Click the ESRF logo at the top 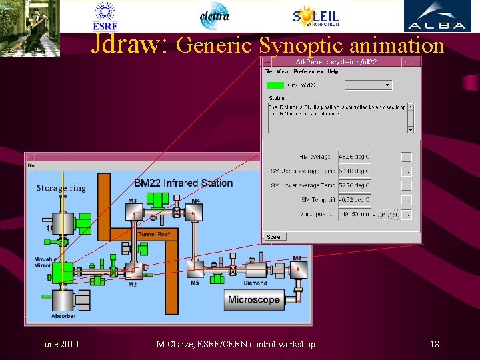tap(105, 16)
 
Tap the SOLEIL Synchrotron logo tap(315, 17)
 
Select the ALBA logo tap(437, 17)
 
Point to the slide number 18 tap(435, 344)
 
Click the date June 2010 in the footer tap(59, 344)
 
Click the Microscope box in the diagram tap(254, 299)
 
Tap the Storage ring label tap(61, 188)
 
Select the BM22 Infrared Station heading tap(183, 183)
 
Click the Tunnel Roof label tap(154, 234)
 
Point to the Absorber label tap(64, 315)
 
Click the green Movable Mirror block tap(63, 271)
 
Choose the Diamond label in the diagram tap(255, 283)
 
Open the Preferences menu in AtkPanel tap(307, 71)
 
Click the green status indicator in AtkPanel tap(275, 85)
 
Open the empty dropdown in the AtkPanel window tap(368, 85)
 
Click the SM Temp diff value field tap(354, 199)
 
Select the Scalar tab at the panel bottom tap(274, 236)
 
